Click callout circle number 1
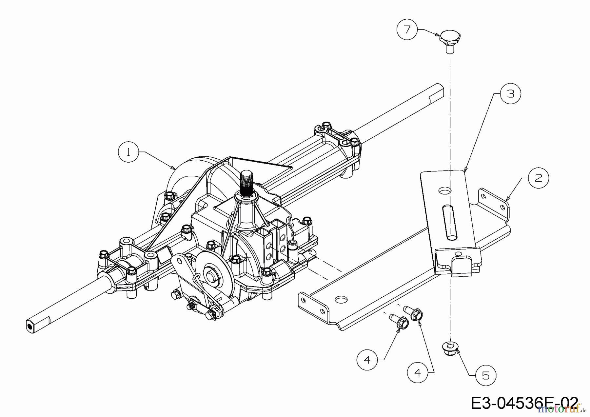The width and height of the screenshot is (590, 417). tap(128, 152)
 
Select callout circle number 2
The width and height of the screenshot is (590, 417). tap(539, 178)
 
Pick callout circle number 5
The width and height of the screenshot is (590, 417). tap(486, 375)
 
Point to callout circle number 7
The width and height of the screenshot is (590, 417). tap(407, 30)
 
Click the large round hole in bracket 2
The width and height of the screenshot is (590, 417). tap(341, 299)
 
